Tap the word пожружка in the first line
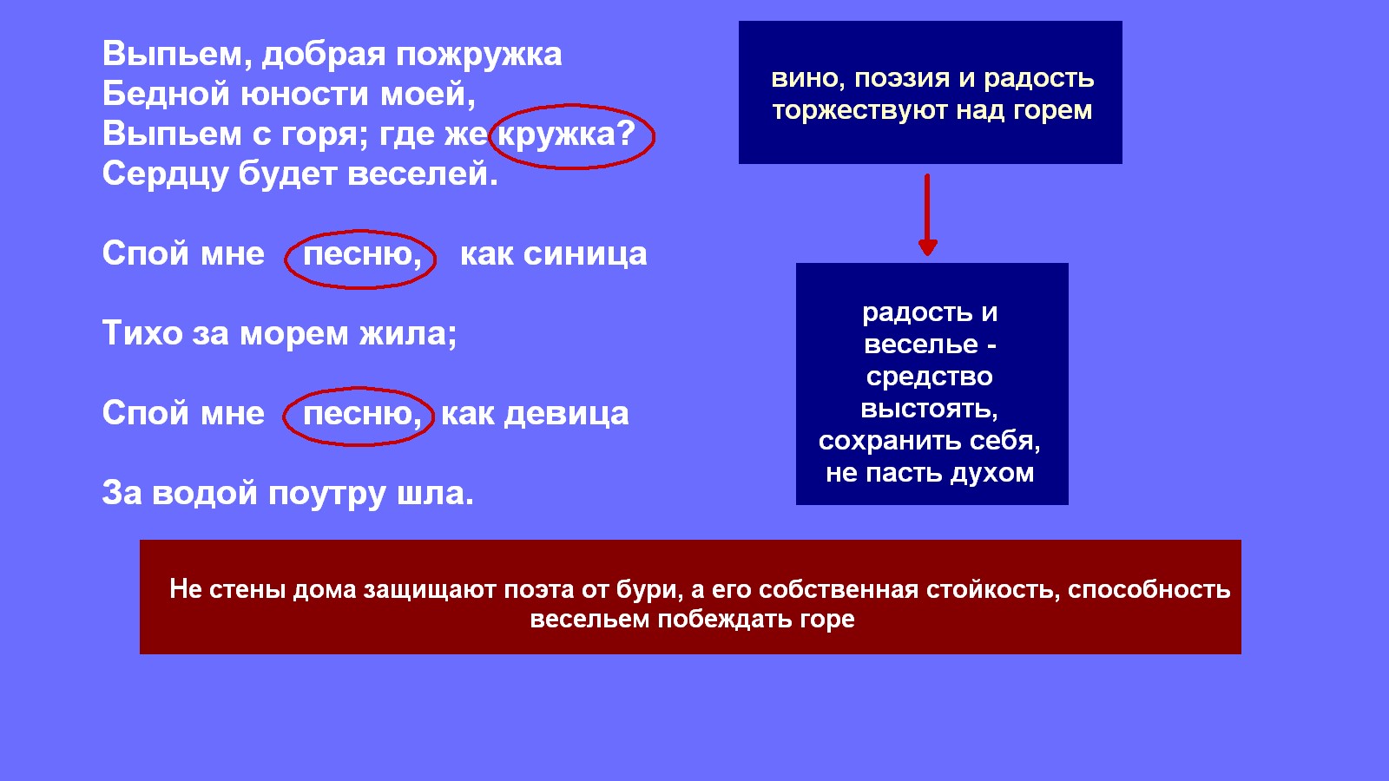pos(478,55)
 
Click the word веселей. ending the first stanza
pos(423,173)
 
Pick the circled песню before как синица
pos(362,254)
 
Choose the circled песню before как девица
pos(362,413)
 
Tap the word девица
pos(566,414)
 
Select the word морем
pos(294,335)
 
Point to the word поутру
pos(327,494)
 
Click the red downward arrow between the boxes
pos(928,214)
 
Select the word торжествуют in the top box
pos(859,111)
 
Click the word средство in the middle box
pos(930,377)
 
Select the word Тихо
pos(142,333)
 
